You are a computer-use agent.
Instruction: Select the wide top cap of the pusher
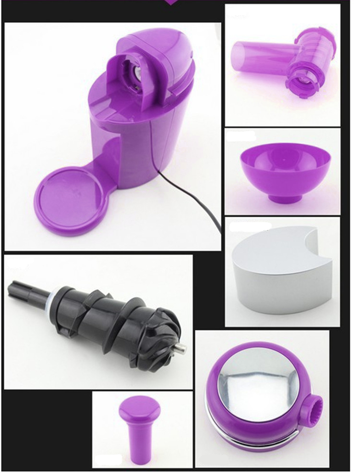(140, 408)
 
